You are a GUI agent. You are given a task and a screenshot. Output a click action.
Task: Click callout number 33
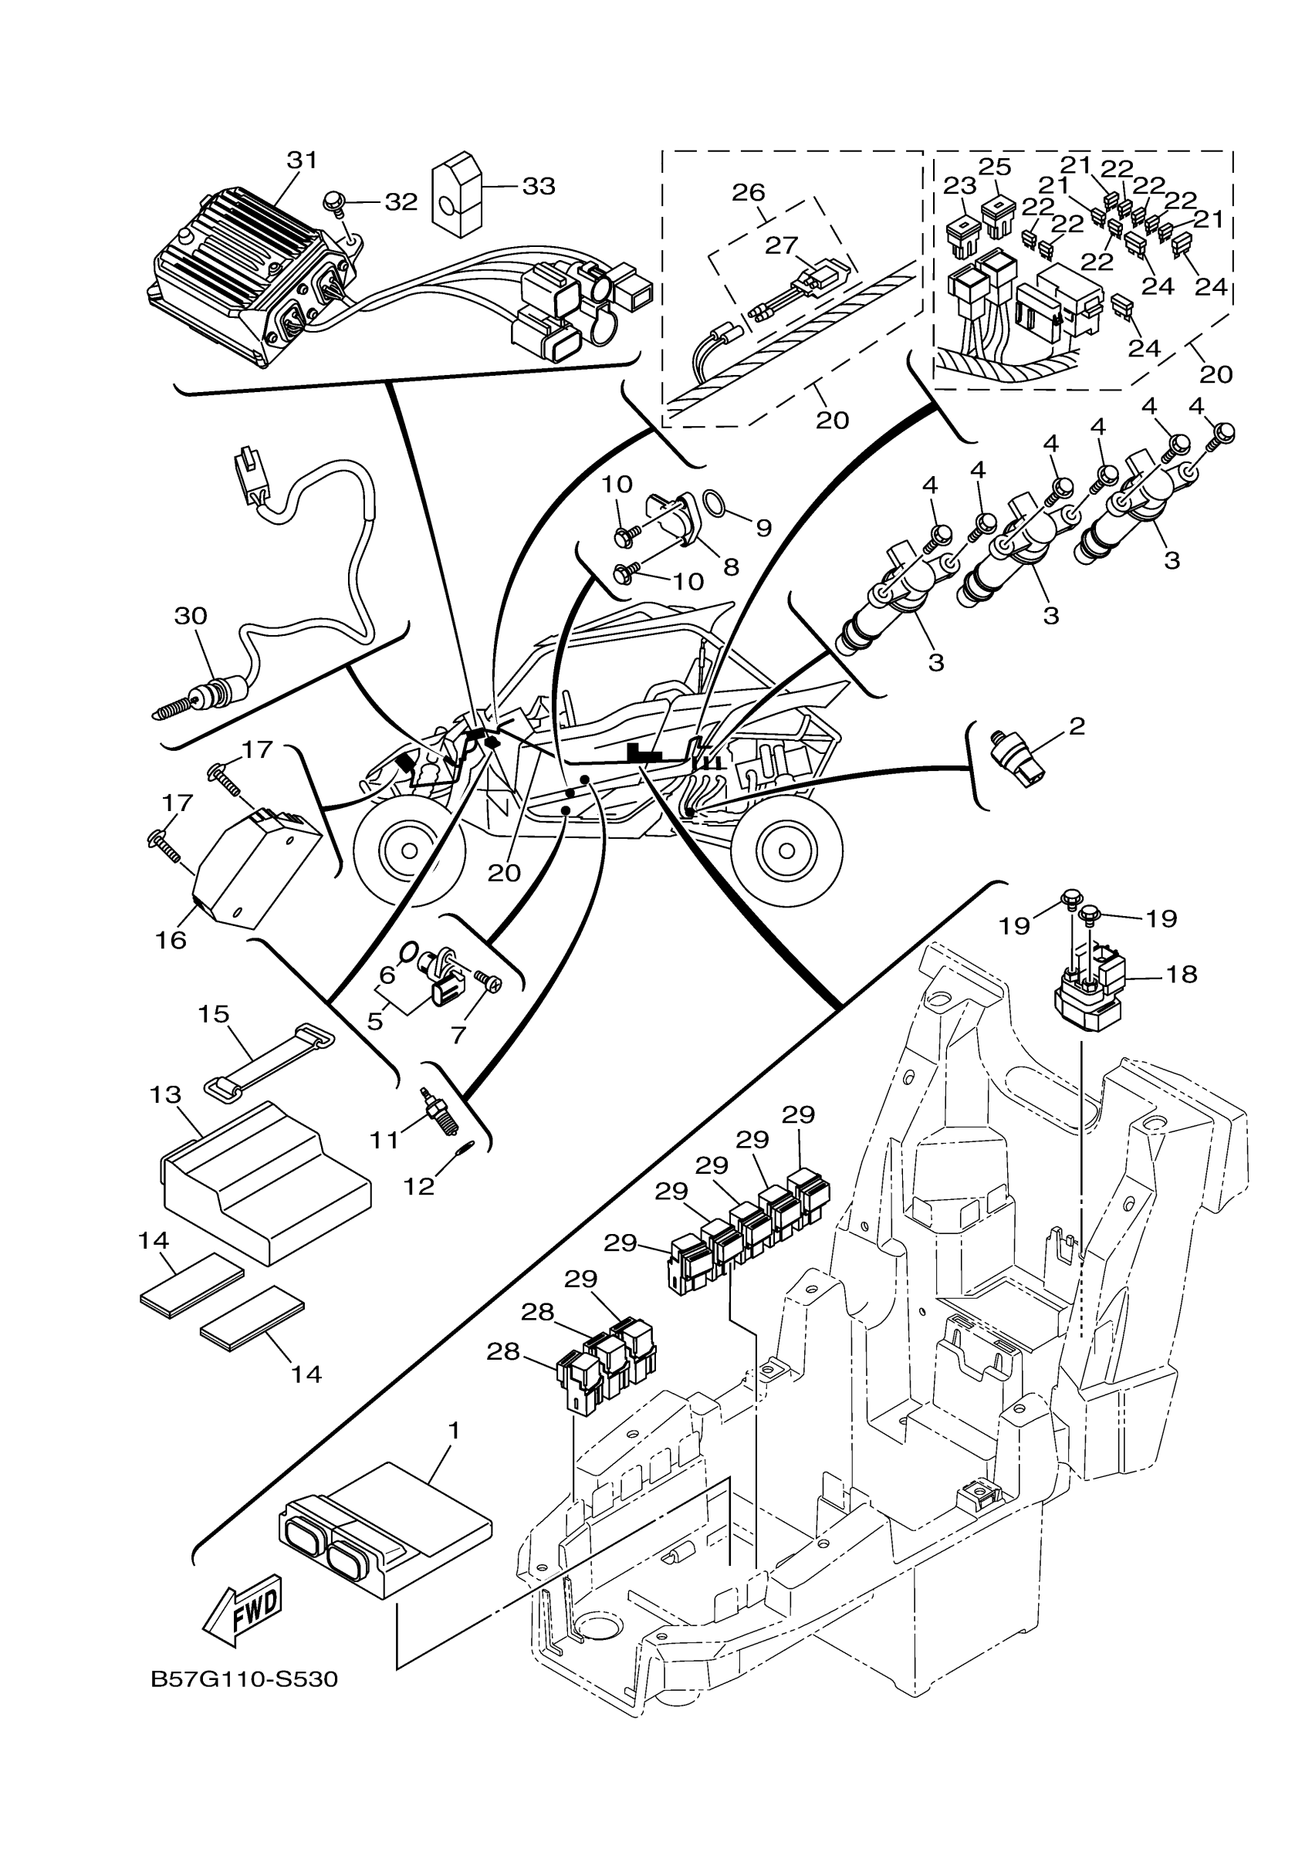pyautogui.click(x=539, y=186)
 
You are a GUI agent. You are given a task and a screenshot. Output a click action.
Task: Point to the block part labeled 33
pyautogui.click(x=457, y=193)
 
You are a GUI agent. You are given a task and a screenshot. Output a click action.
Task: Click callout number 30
pyautogui.click(x=191, y=616)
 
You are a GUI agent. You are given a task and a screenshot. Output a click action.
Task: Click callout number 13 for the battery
pyautogui.click(x=165, y=1094)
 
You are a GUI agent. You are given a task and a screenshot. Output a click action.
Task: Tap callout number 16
pyautogui.click(x=171, y=939)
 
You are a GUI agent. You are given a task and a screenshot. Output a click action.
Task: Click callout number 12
pyautogui.click(x=420, y=1186)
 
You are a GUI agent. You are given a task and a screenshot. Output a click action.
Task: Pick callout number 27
pyautogui.click(x=782, y=245)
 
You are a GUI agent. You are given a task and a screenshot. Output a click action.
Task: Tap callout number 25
pyautogui.click(x=995, y=168)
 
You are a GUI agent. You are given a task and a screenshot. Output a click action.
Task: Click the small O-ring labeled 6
pyautogui.click(x=409, y=948)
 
